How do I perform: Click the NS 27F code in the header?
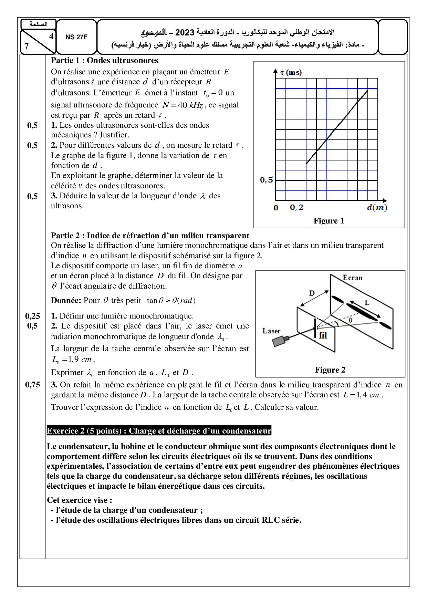tap(76, 38)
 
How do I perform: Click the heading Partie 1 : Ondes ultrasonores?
tap(104, 61)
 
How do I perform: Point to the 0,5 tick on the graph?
tap(266, 180)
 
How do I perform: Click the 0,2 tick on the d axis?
tap(297, 207)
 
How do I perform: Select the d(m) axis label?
tap(377, 207)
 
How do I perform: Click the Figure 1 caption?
tap(329, 221)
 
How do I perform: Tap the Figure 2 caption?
tap(330, 370)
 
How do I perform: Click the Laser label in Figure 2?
tap(271, 331)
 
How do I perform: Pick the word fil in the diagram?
tap(323, 335)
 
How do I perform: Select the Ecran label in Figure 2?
tap(353, 278)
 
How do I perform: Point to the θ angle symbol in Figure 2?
tap(350, 320)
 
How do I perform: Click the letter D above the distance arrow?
tap(312, 293)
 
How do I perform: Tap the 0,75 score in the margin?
tap(32, 385)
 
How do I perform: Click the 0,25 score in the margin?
tap(32, 316)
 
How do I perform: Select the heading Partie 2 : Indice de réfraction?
tap(150, 236)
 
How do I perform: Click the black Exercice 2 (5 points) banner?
tap(159, 431)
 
